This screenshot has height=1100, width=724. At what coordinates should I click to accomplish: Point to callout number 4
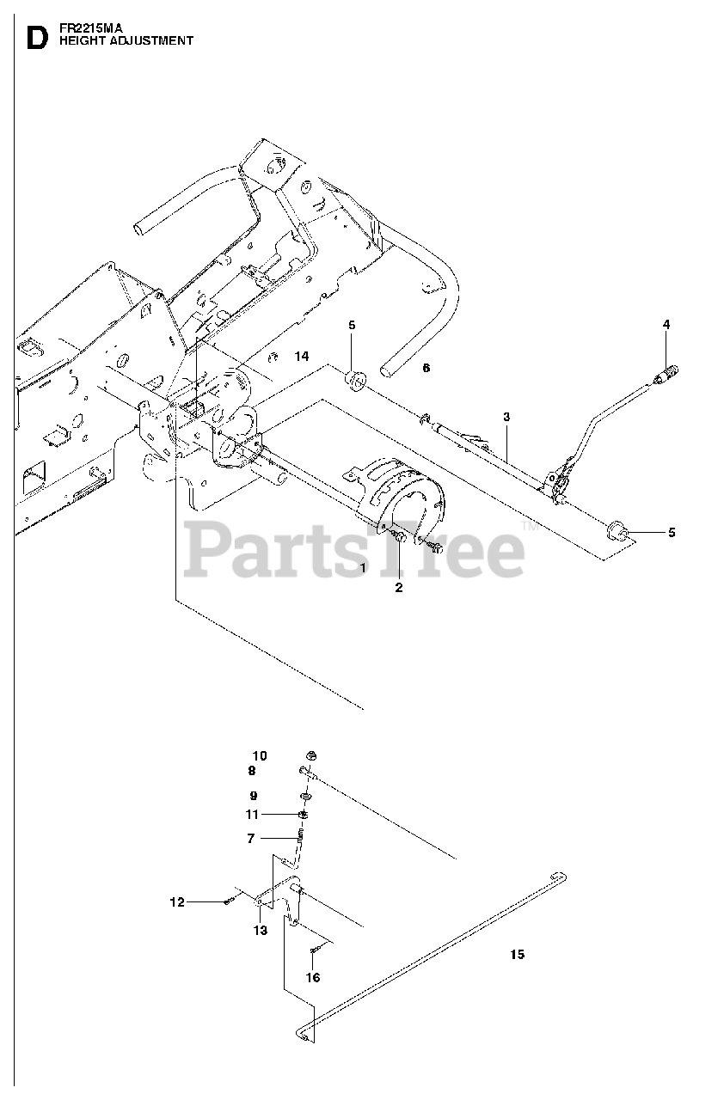coord(666,324)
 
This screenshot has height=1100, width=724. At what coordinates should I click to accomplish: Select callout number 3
coord(506,417)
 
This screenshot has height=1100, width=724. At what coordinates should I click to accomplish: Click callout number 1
coord(363,568)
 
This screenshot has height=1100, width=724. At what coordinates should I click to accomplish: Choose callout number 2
coord(398,588)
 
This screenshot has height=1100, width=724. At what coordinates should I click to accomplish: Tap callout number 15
coord(516,954)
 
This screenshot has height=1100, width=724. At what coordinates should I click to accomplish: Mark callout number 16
coord(312,978)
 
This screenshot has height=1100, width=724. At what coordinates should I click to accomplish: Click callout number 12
coord(176,902)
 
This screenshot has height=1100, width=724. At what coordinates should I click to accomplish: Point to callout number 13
coord(261,930)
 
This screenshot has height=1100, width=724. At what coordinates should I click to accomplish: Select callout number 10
coord(259,756)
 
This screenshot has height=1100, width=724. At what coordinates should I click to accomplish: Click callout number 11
coord(251,814)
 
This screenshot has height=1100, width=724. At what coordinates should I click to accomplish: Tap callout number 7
coord(250,838)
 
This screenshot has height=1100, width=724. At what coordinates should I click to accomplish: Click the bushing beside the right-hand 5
coord(617,529)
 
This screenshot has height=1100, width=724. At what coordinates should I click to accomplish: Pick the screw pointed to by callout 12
coord(229,901)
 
